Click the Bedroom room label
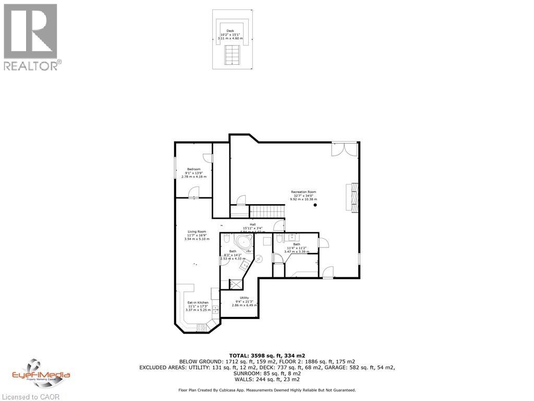point(194,169)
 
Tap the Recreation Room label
point(304,192)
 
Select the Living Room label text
point(197,231)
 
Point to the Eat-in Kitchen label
point(198,302)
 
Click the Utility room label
point(237,298)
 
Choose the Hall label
point(253,224)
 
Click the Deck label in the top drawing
point(229,31)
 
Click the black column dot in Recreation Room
point(315,205)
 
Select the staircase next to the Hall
point(268,211)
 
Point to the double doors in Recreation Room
point(345,149)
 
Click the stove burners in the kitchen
point(201,328)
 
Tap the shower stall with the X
point(236,285)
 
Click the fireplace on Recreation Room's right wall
point(354,198)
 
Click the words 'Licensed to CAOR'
point(30,396)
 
